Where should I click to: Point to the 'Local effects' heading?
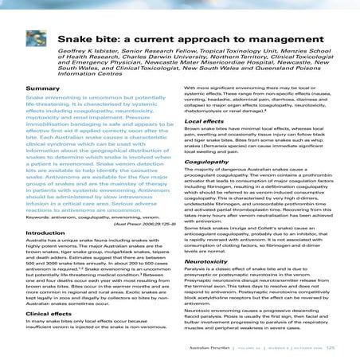pos(205,121)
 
